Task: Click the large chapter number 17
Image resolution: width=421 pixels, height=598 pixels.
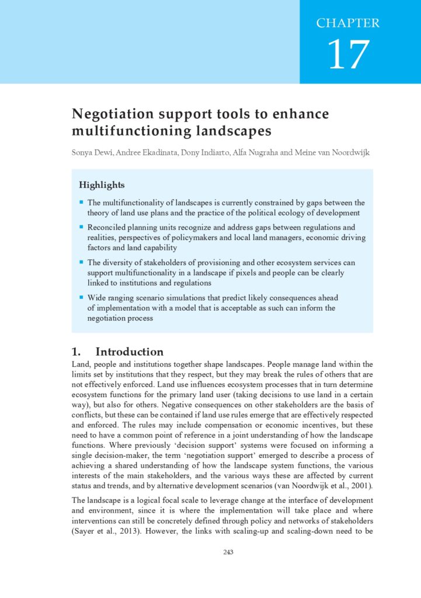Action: [348, 54]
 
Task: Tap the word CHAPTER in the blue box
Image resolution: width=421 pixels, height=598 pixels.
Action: [348, 23]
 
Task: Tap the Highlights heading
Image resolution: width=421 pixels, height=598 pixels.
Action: [102, 185]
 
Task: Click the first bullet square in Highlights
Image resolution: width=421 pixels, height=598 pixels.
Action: [82, 202]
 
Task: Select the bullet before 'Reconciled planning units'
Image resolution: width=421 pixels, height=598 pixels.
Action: [82, 227]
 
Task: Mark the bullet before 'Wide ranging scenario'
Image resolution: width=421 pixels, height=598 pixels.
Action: [82, 297]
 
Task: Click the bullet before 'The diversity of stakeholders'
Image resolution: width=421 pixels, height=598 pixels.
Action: [82, 262]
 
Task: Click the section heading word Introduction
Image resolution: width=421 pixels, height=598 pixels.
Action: [129, 352]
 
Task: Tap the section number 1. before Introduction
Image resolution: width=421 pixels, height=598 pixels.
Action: [75, 352]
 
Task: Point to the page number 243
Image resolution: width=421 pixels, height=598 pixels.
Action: [228, 552]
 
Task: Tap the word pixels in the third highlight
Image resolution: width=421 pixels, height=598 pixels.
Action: [258, 273]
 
